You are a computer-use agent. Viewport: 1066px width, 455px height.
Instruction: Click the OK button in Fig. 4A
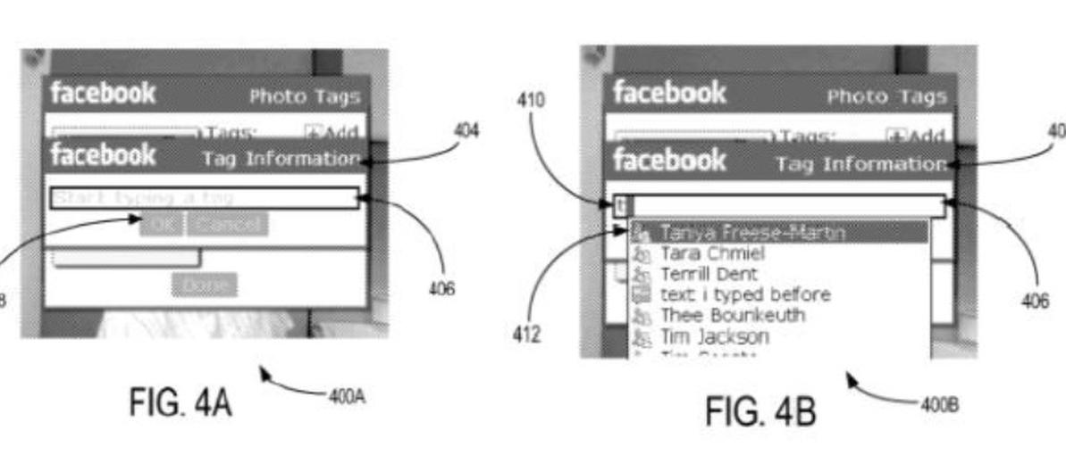click(x=161, y=223)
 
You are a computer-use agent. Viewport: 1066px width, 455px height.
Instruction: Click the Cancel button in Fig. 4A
click(x=228, y=223)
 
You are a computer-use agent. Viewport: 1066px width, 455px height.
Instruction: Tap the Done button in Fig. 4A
click(x=206, y=285)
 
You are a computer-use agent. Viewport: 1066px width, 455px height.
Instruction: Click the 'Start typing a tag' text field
click(x=204, y=197)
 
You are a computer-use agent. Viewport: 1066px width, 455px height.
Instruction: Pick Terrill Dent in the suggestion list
click(x=709, y=274)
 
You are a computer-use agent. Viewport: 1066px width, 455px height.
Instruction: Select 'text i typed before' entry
click(x=744, y=294)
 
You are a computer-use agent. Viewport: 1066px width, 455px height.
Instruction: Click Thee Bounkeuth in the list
click(x=732, y=315)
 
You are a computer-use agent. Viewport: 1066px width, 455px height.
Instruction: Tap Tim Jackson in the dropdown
click(x=714, y=336)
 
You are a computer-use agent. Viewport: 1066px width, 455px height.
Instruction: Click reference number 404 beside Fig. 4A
click(x=466, y=131)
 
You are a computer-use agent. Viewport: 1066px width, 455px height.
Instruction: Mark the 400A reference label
click(x=347, y=397)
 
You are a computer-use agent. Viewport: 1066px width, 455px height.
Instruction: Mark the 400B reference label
click(x=940, y=404)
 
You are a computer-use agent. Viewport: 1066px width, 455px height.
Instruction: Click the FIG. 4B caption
click(x=760, y=411)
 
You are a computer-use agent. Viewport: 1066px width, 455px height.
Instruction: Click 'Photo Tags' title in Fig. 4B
click(x=886, y=96)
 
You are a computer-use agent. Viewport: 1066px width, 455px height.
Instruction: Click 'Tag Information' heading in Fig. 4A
click(x=281, y=159)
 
